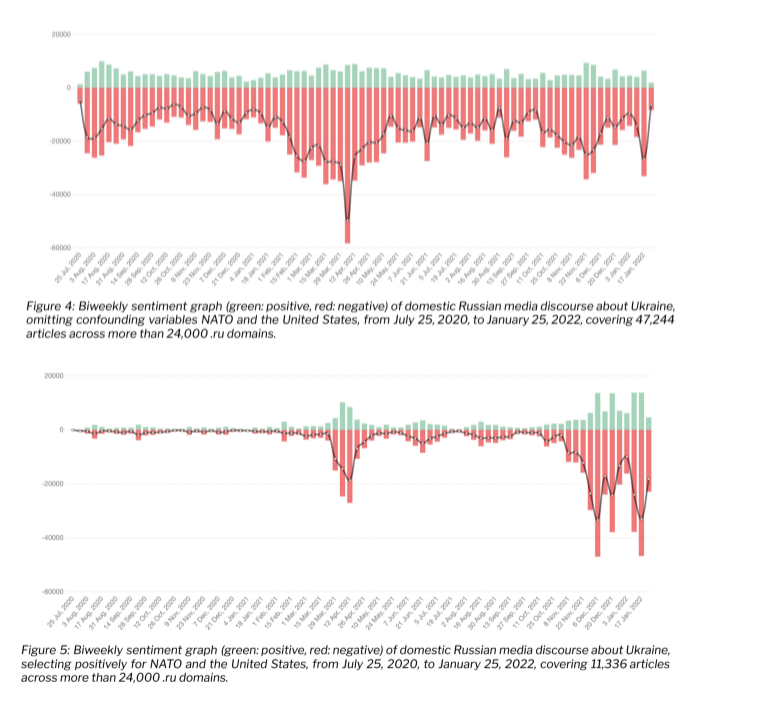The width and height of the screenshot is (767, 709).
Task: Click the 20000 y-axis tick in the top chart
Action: pyautogui.click(x=60, y=35)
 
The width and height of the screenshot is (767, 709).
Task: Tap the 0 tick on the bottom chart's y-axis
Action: pyautogui.click(x=63, y=430)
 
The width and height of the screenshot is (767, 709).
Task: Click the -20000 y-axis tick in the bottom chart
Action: pyautogui.click(x=55, y=484)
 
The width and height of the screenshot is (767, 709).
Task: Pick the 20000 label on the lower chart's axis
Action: pyautogui.click(x=57, y=376)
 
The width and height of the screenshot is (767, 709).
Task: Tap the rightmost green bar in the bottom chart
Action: pyautogui.click(x=649, y=424)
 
